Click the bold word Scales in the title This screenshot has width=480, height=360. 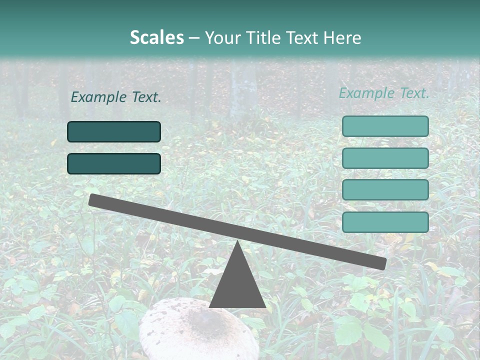coord(156,37)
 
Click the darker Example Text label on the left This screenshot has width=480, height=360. coord(116,97)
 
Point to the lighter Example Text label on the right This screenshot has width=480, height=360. coord(384,93)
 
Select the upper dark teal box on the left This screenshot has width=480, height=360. coord(114,131)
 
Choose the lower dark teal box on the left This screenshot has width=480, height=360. coord(114,163)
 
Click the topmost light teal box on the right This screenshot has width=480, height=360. coord(385,126)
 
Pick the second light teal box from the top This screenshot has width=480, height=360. coord(385,158)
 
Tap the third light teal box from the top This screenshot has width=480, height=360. coord(385,190)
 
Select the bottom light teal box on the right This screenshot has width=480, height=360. coord(385,222)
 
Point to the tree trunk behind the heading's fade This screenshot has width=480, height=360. coord(244,90)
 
